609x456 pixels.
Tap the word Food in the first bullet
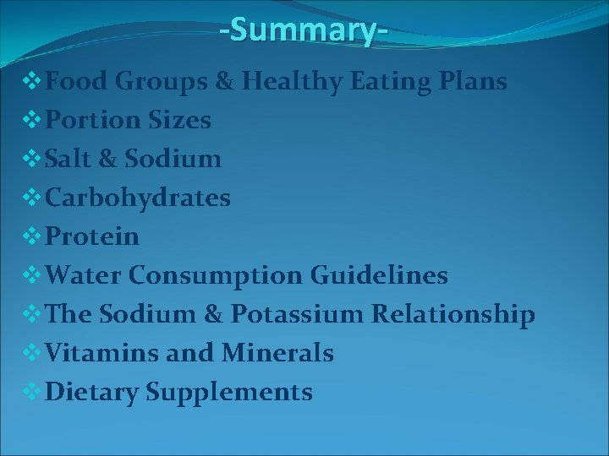78,82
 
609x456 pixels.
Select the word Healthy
291,82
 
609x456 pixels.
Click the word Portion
93,121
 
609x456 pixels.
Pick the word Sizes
180,121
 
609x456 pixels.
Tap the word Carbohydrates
138,198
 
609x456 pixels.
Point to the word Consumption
221,275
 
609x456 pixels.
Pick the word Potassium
317,314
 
